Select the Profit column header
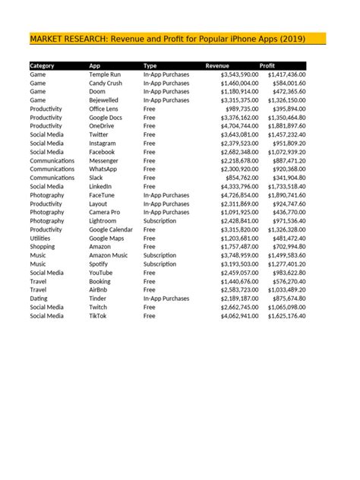(267, 66)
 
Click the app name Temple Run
(105, 75)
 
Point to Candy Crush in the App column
(106, 84)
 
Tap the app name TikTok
(98, 315)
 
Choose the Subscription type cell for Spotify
(159, 264)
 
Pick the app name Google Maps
(106, 238)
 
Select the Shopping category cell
(43, 247)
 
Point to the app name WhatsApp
(103, 169)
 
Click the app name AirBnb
(99, 289)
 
